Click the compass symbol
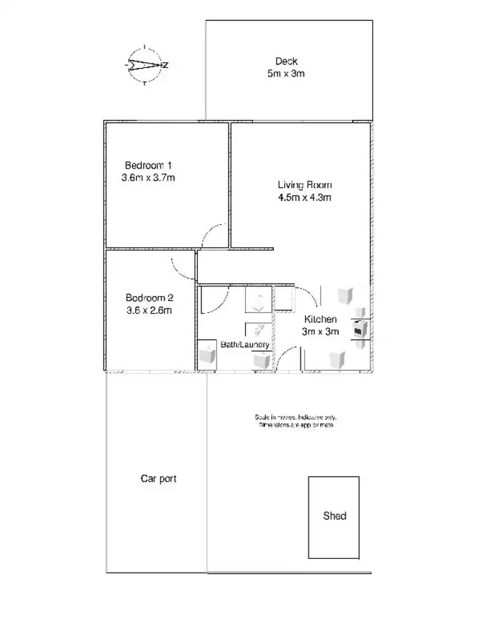(145, 65)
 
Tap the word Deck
(286, 61)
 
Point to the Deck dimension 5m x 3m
(286, 74)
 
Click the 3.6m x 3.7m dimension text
(148, 177)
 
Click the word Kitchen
(320, 320)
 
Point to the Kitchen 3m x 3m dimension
(320, 331)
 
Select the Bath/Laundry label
(244, 344)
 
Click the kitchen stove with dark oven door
(360, 329)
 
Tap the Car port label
(158, 478)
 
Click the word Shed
(335, 516)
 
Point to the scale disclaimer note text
(297, 421)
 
